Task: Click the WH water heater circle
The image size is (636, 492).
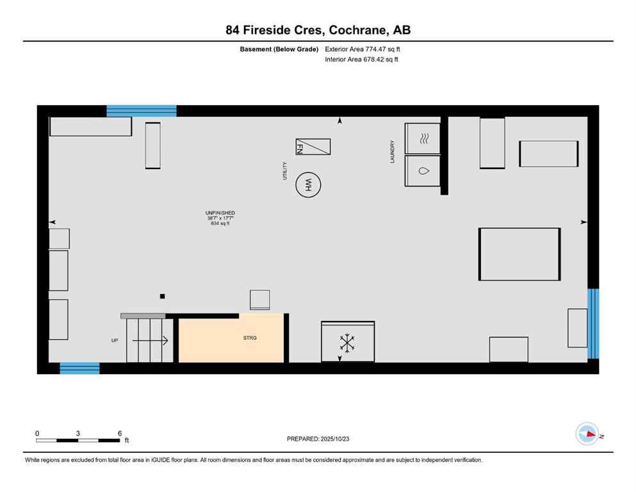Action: coord(308,186)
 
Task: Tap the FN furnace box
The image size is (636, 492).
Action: coord(313,147)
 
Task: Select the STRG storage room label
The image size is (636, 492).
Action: coord(250,338)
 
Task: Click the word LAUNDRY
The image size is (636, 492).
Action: coord(393,152)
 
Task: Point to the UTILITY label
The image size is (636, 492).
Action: coord(285,170)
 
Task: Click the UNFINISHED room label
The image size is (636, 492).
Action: coord(220,213)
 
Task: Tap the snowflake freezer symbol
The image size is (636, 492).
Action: coord(347,343)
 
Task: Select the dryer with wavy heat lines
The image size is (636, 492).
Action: coord(423,138)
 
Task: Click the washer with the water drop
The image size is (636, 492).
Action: coord(423,171)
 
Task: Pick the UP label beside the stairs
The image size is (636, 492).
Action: coord(115,340)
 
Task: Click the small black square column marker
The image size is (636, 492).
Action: coord(163,296)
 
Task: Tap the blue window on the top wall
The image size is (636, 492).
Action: coord(141,111)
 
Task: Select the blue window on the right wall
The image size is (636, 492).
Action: coord(593,324)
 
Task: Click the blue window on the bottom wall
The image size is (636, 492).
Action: coord(79,368)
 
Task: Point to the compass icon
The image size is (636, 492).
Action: coord(587,434)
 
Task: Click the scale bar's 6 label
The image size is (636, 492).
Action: coord(120,433)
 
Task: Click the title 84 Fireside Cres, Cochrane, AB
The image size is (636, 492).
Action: coord(318,29)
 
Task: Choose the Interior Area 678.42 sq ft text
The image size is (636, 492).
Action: coord(363,60)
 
